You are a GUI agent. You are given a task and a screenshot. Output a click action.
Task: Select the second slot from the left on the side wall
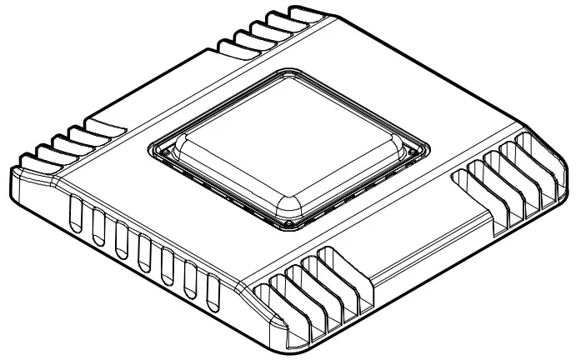click(x=98, y=225)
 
